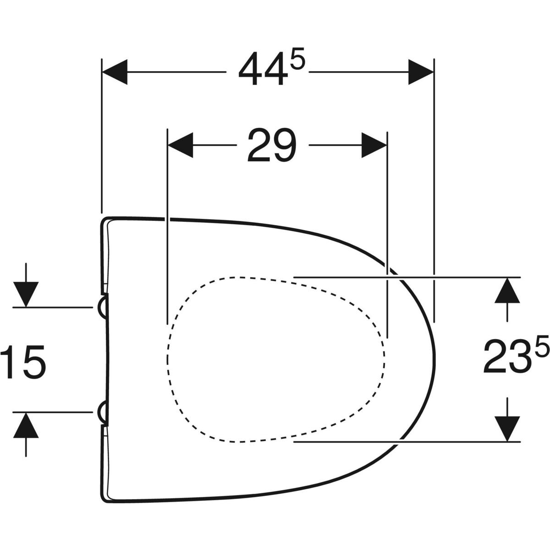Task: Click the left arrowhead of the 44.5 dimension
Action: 114,72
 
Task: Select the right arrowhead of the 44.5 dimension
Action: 421,72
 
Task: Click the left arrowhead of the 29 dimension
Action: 181,145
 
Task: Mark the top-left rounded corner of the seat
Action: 104,221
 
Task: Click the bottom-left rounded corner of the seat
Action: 104,498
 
